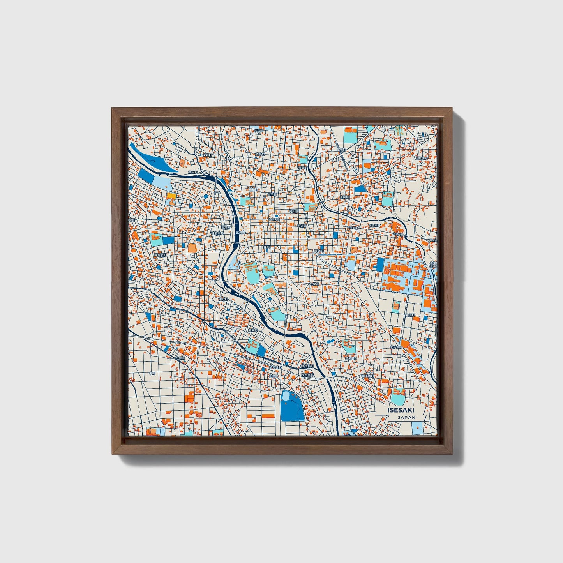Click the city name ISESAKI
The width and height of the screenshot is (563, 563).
(x=401, y=410)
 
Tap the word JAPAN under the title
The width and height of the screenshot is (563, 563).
(x=406, y=417)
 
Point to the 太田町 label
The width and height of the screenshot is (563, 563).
(x=193, y=172)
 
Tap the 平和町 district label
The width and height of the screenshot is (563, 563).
(x=293, y=210)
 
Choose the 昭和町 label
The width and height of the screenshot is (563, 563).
(x=341, y=149)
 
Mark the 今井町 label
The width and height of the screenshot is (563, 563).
(x=180, y=357)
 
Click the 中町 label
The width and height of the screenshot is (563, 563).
(x=152, y=373)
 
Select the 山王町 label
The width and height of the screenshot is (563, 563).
(x=274, y=377)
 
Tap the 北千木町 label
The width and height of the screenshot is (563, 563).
(x=395, y=346)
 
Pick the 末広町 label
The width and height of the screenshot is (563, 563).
(x=259, y=131)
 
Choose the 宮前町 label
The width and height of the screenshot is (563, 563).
(x=344, y=198)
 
